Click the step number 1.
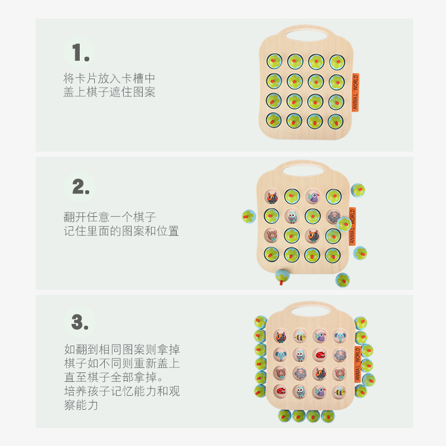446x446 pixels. (x=80, y=53)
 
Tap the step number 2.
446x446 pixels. (x=80, y=187)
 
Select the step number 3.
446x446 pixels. (x=80, y=322)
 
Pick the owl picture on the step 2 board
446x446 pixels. (x=292, y=216)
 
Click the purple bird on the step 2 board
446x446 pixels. (x=312, y=196)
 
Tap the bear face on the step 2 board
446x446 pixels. (x=272, y=235)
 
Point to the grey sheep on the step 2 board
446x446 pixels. (x=333, y=216)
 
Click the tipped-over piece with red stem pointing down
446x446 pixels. (x=283, y=276)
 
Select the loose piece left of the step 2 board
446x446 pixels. (x=248, y=216)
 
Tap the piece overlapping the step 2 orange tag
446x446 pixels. (x=346, y=224)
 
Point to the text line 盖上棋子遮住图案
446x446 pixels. (x=109, y=92)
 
